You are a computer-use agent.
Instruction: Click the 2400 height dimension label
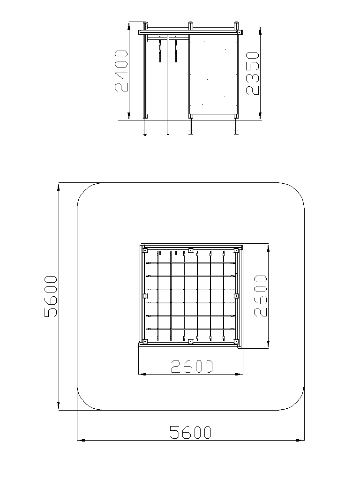[x=121, y=71]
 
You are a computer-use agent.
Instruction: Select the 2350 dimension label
[x=253, y=73]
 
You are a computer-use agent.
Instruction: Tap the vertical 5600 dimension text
[x=51, y=296]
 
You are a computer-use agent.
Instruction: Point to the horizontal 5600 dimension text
[x=190, y=432]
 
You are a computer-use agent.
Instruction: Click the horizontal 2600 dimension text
[x=192, y=366]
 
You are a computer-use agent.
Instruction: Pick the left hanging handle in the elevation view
[x=160, y=51]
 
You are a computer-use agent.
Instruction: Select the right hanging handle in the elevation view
[x=176, y=51]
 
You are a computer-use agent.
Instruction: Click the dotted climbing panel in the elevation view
[x=213, y=75]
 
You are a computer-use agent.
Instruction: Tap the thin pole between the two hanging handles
[x=168, y=84]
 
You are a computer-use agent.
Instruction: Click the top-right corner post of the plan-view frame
[x=236, y=250]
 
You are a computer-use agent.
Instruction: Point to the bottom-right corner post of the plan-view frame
[x=236, y=341]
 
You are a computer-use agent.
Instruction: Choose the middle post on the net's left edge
[x=145, y=296]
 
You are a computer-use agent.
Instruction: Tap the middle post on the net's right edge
[x=236, y=296]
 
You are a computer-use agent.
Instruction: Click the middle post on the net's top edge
[x=190, y=250]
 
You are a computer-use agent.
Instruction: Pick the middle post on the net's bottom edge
[x=190, y=341]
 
